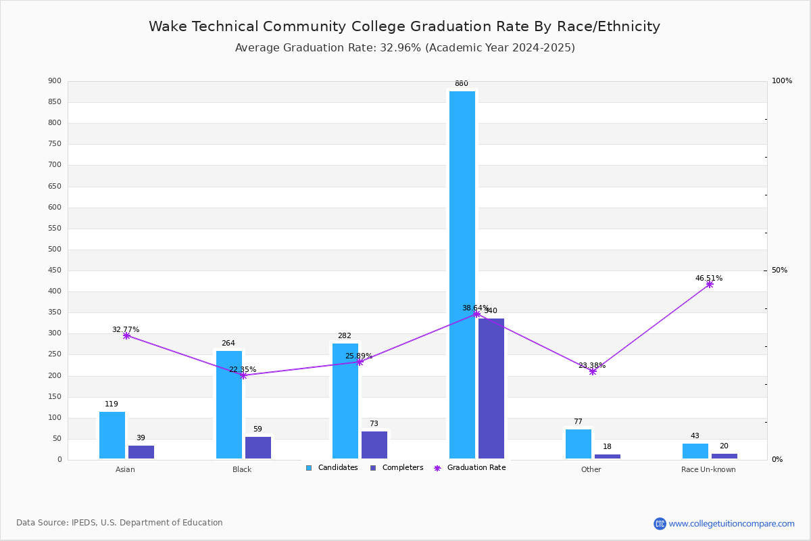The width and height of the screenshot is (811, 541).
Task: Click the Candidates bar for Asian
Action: [x=112, y=436]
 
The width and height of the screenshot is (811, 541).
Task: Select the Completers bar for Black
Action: [x=258, y=448]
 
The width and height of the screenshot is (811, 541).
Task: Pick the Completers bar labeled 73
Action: [x=374, y=445]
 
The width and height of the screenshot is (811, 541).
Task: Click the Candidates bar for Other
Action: [x=579, y=444]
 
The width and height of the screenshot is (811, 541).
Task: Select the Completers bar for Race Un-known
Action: [x=724, y=456]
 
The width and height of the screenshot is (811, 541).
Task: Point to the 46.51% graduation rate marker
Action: [x=710, y=284]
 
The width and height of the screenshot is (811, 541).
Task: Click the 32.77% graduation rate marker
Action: [x=126, y=335]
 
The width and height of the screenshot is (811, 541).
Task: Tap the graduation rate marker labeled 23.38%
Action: [x=593, y=371]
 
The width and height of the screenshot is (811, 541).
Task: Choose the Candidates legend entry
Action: [x=332, y=468]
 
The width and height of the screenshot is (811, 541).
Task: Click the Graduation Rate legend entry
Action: [x=470, y=468]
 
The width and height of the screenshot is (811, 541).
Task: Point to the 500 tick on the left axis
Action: [x=55, y=250]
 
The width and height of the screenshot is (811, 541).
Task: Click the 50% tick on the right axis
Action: [x=779, y=270]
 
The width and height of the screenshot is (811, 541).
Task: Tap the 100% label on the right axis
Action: [x=782, y=81]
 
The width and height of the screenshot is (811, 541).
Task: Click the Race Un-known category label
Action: [x=708, y=469]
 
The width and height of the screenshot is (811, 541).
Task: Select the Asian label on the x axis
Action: [x=125, y=469]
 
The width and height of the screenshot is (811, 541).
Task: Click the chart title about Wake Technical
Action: [x=404, y=26]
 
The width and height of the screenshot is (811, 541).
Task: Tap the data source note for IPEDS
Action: [x=120, y=523]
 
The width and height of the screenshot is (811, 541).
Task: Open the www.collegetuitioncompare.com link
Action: [x=731, y=523]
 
